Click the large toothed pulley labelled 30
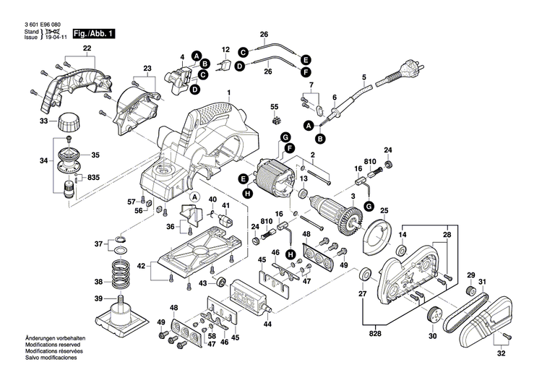click(x=434, y=316)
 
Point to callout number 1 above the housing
click(x=228, y=93)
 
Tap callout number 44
click(x=268, y=325)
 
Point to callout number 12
click(x=225, y=50)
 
